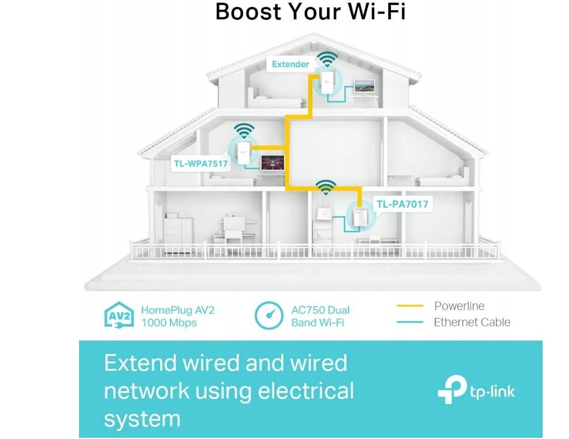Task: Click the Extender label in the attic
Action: click(x=290, y=65)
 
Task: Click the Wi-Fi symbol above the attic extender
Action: click(x=328, y=58)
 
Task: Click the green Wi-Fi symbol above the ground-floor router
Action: click(x=325, y=187)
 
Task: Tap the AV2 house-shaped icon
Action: click(x=118, y=316)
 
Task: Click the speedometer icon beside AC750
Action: click(x=268, y=316)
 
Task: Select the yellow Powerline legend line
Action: click(x=410, y=306)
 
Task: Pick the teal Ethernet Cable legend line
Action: click(x=410, y=322)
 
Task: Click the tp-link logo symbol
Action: click(x=451, y=389)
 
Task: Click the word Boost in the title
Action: click(x=248, y=12)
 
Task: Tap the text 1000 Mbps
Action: click(x=169, y=323)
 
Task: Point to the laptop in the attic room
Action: click(x=365, y=87)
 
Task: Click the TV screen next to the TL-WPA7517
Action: click(x=273, y=163)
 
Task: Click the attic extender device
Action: click(x=326, y=81)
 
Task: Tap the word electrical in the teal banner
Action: click(x=306, y=391)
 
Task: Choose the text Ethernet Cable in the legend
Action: click(x=472, y=322)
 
